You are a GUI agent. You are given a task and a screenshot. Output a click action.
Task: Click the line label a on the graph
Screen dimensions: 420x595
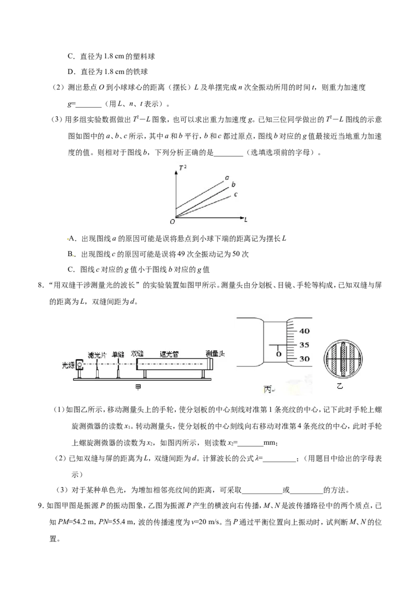227,177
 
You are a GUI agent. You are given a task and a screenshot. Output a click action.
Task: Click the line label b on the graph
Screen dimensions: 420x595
234,184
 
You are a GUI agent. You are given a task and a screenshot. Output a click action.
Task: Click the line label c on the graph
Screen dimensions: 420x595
235,194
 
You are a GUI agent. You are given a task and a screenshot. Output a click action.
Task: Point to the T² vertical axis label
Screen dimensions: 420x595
182,167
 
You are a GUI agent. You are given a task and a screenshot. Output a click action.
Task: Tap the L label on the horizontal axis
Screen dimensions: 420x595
246,219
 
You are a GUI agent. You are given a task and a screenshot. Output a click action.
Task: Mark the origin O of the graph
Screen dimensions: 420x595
173,221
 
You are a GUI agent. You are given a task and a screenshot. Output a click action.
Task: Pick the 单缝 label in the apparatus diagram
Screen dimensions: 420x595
118,354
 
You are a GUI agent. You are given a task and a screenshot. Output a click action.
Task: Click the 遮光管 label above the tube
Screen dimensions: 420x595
169,354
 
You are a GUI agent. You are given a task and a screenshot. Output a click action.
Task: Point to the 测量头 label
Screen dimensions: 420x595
215,353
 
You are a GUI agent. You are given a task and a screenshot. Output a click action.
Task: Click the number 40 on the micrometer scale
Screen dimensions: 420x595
304,331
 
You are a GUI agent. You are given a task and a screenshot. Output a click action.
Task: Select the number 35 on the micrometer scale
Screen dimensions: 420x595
304,345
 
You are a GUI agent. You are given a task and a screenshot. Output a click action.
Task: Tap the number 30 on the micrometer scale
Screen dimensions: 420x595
304,358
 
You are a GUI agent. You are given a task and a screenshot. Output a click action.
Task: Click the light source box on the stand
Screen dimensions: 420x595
80,365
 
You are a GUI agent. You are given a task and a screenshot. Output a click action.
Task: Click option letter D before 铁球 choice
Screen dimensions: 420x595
70,71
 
